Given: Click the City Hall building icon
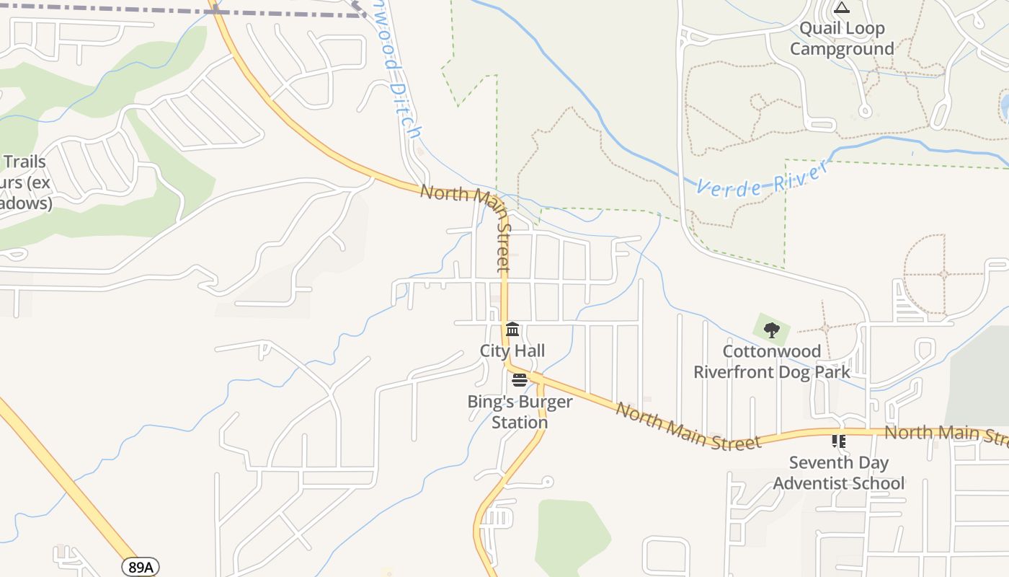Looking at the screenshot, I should [512, 330].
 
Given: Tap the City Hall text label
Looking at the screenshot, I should [512, 351].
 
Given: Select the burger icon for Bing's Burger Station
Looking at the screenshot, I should [520, 380].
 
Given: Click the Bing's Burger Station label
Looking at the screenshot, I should [520, 412].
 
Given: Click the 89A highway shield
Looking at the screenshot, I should [141, 567].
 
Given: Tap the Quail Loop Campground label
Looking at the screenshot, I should [842, 39].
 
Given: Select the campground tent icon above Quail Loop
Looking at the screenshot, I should [842, 8].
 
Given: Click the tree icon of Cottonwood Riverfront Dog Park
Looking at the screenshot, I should [772, 330].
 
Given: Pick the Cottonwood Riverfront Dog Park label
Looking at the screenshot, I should [772, 362].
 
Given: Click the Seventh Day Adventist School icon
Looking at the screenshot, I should [838, 440].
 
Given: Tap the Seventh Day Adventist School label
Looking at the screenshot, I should [839, 473].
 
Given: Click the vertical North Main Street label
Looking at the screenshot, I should [503, 238].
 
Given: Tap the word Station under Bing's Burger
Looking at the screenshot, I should [520, 422].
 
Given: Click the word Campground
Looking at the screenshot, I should [842, 49].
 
